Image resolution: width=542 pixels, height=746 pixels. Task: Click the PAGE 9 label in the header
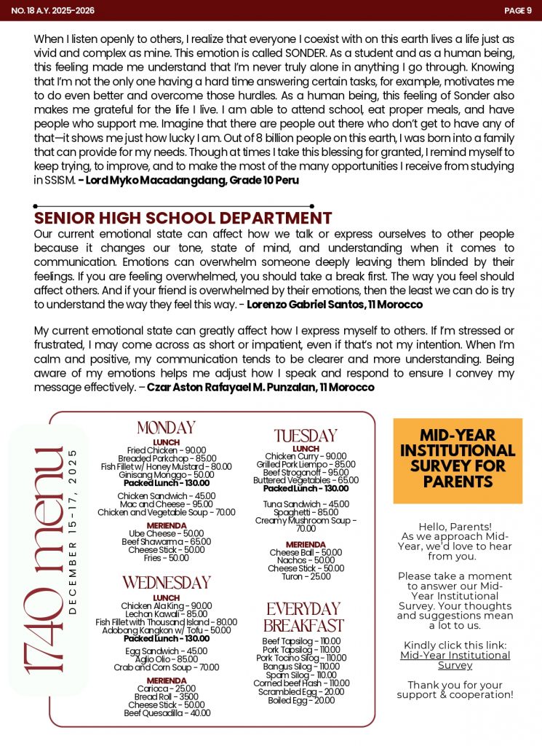(x=518, y=10)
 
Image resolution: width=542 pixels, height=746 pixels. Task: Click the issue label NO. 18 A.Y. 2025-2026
(x=53, y=10)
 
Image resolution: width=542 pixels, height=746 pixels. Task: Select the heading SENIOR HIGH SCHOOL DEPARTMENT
(x=183, y=219)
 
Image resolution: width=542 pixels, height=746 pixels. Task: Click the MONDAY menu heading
(x=166, y=428)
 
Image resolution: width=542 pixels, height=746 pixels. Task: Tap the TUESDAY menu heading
(x=306, y=436)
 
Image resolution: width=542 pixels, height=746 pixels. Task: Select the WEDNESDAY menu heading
(x=166, y=583)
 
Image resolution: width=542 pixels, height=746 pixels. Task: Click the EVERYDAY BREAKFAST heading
(x=303, y=617)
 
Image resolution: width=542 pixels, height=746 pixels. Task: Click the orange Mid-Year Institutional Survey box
(x=458, y=461)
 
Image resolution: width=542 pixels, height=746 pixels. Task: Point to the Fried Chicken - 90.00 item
(x=167, y=451)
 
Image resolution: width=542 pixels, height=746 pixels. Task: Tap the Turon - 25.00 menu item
(x=306, y=576)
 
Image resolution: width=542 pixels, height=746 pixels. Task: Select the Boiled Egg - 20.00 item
(x=303, y=700)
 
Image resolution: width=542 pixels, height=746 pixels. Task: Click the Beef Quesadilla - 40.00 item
(x=167, y=713)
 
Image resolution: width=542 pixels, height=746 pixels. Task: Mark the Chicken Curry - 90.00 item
(x=306, y=456)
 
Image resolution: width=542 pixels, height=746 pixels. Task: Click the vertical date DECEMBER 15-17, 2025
(x=72, y=532)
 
